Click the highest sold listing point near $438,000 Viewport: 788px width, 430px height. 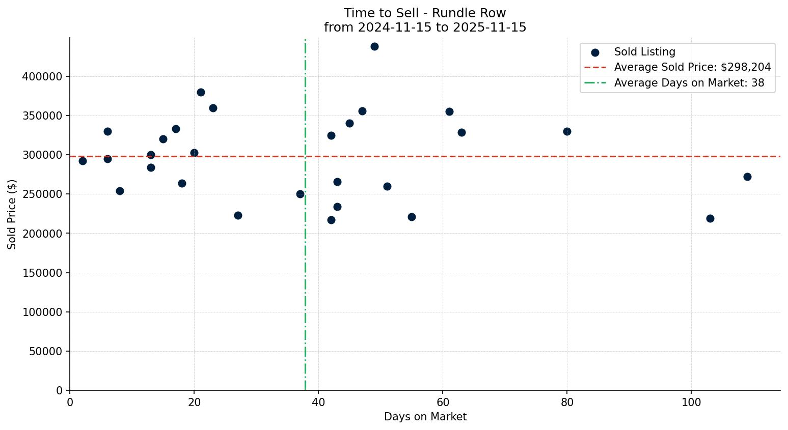(374, 47)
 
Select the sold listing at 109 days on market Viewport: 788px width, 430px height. (747, 177)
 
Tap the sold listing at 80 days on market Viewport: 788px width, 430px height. (567, 132)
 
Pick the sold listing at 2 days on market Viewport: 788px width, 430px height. (83, 161)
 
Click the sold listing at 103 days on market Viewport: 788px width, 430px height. (710, 219)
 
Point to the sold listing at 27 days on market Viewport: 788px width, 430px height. (238, 216)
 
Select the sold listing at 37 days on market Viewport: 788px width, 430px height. (300, 194)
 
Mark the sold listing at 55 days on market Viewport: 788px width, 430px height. (412, 217)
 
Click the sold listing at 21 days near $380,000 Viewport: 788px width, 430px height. (201, 93)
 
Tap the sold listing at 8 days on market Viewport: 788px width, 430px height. (120, 191)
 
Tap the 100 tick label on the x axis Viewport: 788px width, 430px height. (691, 402)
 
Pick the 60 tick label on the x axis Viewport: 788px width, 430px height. (443, 402)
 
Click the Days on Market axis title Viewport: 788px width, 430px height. (425, 417)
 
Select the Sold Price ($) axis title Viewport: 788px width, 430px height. (12, 214)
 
